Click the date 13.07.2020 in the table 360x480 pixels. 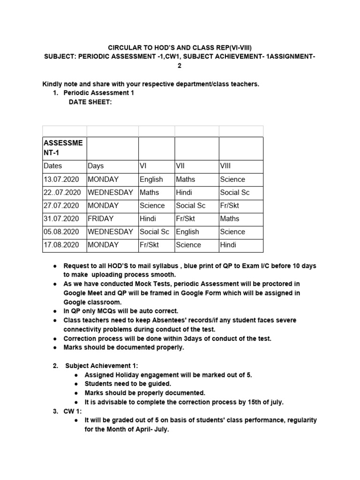click(62, 179)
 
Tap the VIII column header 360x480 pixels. click(225, 166)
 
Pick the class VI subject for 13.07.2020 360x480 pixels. click(151, 179)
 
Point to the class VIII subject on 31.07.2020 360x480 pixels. click(230, 218)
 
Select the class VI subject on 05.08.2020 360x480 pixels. click(155, 232)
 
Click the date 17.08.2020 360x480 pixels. click(62, 245)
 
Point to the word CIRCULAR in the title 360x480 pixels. click(126, 48)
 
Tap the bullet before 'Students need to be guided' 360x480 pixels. click(76, 384)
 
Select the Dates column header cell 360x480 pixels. click(53, 166)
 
